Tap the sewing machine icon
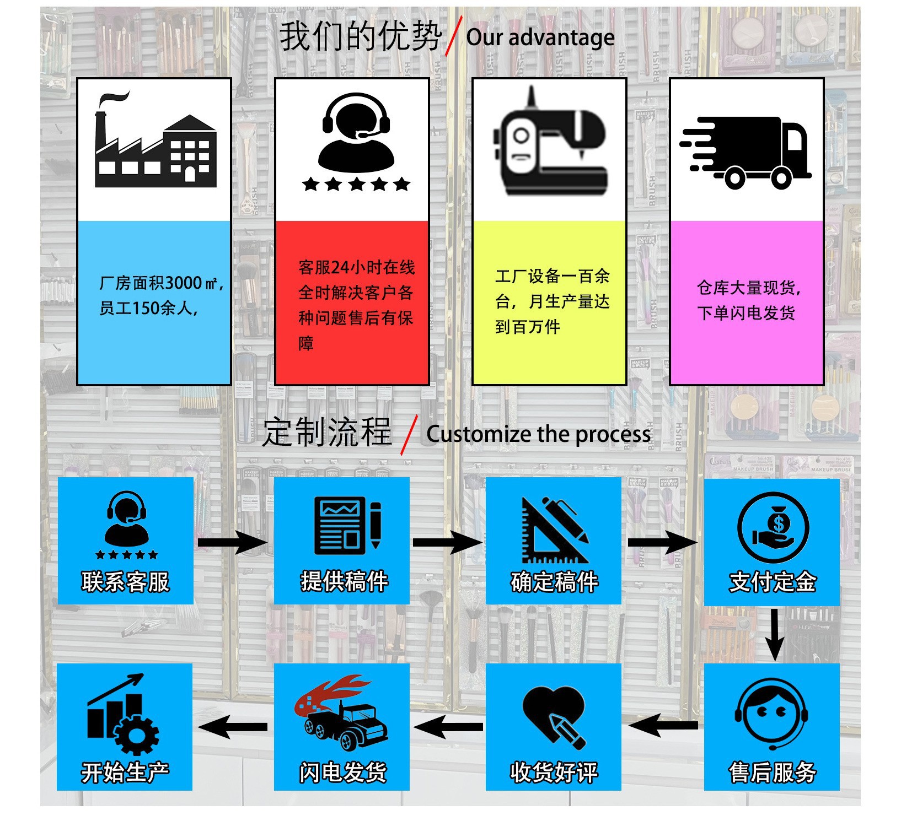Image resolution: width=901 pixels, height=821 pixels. point(550,144)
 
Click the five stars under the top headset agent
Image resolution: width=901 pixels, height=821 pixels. point(356,184)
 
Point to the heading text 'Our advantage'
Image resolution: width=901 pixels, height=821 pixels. point(540,37)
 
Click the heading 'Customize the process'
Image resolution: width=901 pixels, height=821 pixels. point(538,434)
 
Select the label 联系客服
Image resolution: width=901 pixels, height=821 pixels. point(126,582)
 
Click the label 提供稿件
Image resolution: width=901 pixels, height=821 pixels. point(344,582)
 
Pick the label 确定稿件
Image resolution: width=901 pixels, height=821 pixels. point(554,582)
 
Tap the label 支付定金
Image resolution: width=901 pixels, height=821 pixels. point(772,582)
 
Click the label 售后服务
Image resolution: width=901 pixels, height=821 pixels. point(772,772)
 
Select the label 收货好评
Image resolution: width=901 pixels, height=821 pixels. point(554,772)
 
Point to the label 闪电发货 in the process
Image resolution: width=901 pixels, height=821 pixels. point(342,772)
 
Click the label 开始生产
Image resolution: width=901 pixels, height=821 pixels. point(125,772)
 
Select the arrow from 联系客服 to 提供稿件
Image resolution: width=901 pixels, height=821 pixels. point(232,543)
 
